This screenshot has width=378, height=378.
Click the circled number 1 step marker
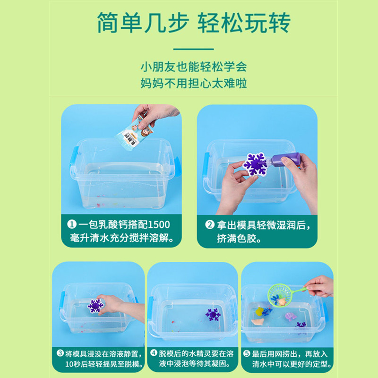(72, 224)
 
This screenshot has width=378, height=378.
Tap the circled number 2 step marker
(210, 225)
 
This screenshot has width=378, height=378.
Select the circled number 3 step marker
(60, 353)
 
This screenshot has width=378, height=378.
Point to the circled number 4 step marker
(154, 353)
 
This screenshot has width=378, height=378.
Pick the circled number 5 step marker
(247, 353)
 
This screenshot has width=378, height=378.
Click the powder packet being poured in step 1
(134, 134)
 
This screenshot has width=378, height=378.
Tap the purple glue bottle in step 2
(284, 159)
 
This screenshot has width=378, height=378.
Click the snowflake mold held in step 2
(255, 164)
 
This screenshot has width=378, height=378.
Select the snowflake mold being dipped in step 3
(95, 306)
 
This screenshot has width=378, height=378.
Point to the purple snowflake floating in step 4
(213, 315)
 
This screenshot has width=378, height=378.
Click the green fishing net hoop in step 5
(280, 295)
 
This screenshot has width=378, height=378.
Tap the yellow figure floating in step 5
(259, 311)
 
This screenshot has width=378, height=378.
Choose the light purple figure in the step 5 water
(291, 316)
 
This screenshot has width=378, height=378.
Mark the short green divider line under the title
(194, 49)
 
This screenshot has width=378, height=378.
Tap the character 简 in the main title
(108, 23)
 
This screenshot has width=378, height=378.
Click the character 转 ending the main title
(280, 23)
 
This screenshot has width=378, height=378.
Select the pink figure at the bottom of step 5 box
(258, 322)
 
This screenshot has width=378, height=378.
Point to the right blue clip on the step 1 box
(177, 166)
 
